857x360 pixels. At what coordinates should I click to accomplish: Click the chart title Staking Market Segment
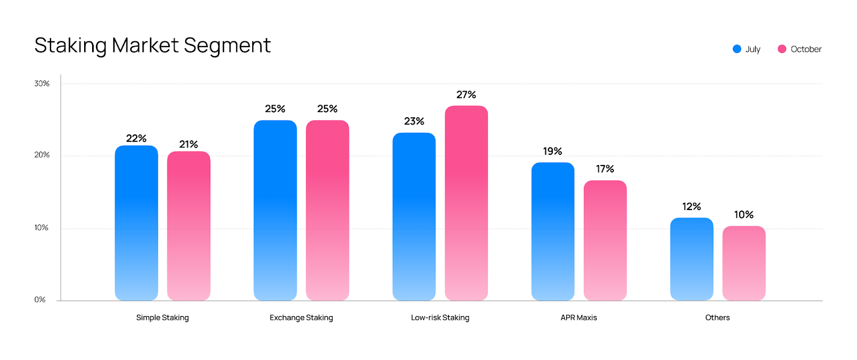coord(152,46)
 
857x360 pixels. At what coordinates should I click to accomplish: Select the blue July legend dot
coord(737,49)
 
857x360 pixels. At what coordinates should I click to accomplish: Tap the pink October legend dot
coord(782,49)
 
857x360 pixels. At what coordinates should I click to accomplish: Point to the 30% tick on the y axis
coord(42,84)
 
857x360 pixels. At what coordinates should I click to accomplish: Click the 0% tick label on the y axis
coord(40,299)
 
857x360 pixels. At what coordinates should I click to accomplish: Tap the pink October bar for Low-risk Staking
coord(467,203)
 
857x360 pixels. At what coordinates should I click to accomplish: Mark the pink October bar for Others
coord(744,263)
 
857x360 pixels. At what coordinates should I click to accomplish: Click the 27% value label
coord(466,95)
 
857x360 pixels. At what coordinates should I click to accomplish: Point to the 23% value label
coord(414,122)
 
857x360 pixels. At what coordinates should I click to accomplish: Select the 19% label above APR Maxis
coord(552,152)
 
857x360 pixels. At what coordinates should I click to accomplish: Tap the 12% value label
coord(691,207)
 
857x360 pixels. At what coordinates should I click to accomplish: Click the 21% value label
coord(189,145)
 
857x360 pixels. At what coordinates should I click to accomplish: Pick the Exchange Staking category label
coord(301,318)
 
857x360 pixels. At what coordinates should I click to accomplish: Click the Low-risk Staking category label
coord(440,318)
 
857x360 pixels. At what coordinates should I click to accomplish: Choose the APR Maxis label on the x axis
coord(578,318)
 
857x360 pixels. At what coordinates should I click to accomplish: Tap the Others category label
coord(717,318)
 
